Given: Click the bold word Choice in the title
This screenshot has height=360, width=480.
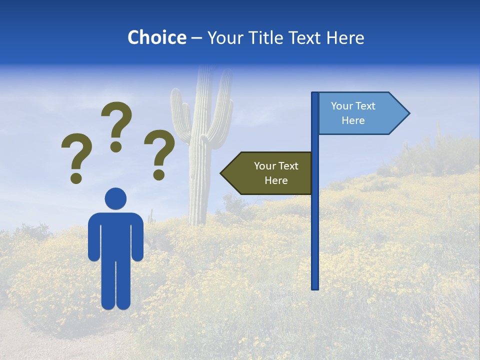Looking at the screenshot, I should coord(156,38).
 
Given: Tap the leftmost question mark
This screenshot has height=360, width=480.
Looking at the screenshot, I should coord(76,156).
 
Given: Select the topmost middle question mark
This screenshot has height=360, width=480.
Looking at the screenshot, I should coord(116,126).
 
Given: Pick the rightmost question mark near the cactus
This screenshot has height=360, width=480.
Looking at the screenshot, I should coord(159,154).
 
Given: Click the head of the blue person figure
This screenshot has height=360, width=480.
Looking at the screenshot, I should coord(115,198).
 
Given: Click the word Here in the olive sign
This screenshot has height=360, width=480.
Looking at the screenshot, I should coord(276,180).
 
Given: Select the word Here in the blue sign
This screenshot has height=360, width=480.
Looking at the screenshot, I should coord(353,120).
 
